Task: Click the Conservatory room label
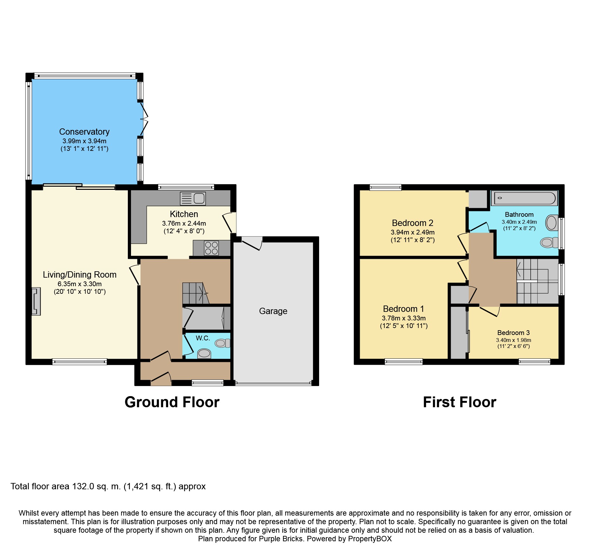84,132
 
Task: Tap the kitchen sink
193,198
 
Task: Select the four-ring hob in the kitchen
211,248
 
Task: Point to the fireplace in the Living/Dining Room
36,301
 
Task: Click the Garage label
273,311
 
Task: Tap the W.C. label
203,338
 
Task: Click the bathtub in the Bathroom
524,198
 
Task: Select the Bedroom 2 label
412,223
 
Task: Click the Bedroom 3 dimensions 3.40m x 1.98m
514,340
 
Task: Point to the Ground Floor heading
172,402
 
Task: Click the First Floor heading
460,402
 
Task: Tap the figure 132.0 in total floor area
83,486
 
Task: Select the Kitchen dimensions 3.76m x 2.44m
184,223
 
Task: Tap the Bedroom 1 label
403,309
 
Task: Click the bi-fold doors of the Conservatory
144,119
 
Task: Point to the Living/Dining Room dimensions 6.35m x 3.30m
80,284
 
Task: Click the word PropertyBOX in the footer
370,539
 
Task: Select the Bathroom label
519,215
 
